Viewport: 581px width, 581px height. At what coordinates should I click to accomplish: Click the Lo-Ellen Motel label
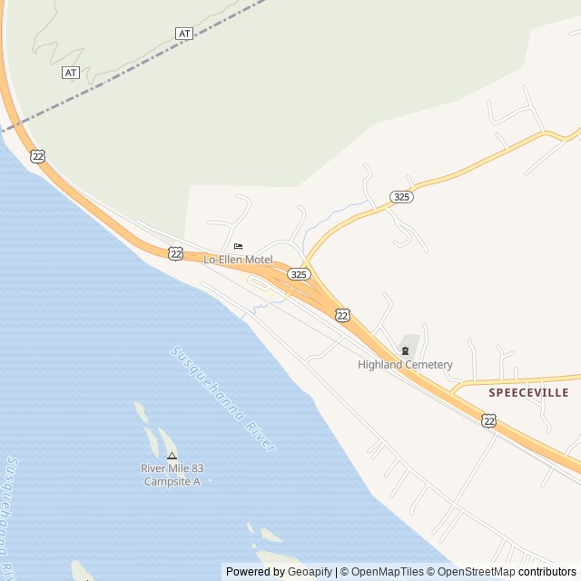coord(238,260)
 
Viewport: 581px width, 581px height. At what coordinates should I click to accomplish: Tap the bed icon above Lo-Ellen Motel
coord(239,246)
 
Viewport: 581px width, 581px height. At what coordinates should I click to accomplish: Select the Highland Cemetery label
coord(405,365)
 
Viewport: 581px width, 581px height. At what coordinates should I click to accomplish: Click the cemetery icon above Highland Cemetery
coord(405,351)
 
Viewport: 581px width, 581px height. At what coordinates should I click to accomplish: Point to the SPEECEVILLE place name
coord(528,392)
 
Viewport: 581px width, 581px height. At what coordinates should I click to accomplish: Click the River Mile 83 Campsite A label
coord(172,475)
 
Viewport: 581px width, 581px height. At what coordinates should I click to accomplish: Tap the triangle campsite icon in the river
coord(172,455)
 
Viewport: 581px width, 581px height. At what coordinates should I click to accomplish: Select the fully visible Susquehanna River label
coord(222,398)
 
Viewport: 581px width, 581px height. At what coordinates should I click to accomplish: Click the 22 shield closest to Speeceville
coord(489,420)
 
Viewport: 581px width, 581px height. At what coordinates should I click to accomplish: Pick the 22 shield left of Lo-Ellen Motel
coord(175,253)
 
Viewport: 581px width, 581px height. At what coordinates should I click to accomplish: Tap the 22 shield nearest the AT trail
coord(37,156)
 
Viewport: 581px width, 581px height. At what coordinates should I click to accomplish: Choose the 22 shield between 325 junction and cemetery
coord(341,314)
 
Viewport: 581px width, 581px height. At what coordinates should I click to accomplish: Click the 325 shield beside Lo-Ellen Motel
coord(299,273)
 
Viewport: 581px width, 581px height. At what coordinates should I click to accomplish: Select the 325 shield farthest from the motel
coord(401,196)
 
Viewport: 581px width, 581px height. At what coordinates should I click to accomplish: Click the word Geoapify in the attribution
coord(310,572)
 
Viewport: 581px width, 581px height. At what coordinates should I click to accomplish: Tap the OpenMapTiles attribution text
coord(387,572)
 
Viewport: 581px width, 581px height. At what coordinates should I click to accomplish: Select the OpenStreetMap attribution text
coord(475,572)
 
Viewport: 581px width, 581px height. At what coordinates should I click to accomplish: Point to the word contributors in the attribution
coord(547,572)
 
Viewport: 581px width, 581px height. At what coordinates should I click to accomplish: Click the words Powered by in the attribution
coord(255,572)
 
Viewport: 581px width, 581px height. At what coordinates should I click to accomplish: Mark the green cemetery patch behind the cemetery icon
coord(411,342)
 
